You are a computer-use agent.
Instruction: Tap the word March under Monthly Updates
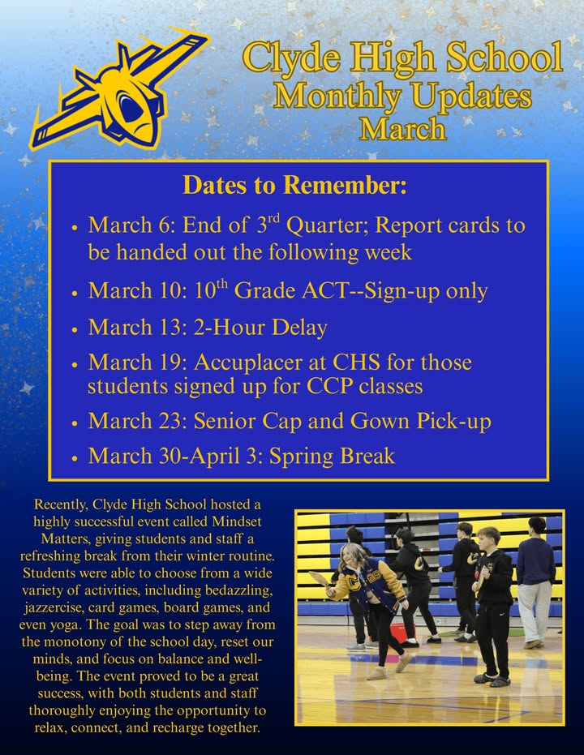402,128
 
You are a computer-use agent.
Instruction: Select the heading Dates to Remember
294,186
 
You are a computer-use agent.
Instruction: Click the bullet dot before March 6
75,227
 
